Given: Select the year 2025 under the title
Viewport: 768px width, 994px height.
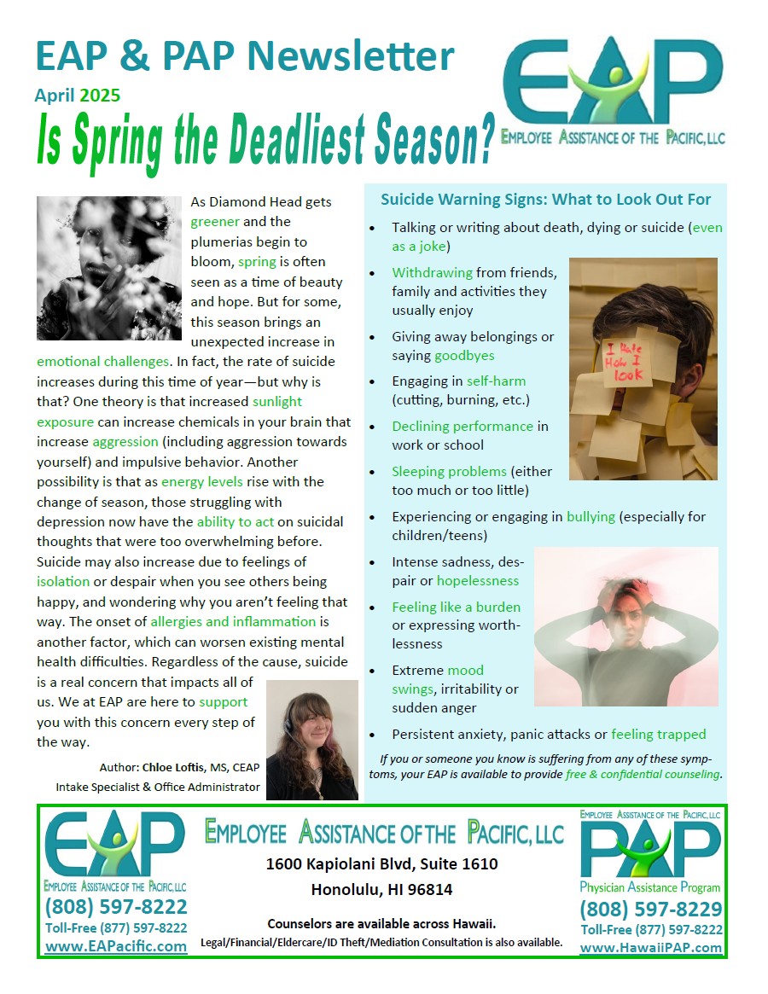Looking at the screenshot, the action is [x=100, y=96].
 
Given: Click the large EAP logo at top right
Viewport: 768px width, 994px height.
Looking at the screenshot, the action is [x=613, y=85].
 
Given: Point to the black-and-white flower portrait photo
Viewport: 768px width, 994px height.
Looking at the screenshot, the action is [x=109, y=268].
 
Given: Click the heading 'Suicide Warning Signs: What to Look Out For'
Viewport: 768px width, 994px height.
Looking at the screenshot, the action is [x=545, y=200].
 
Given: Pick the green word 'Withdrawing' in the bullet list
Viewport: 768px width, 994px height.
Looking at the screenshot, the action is [x=432, y=273].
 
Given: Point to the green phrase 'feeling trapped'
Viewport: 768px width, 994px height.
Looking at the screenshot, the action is [x=659, y=734].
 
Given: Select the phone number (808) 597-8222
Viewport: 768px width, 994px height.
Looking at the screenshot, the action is [x=115, y=906].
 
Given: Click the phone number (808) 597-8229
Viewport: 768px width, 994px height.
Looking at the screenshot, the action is [x=650, y=909].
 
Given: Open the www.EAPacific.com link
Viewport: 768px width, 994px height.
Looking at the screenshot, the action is [x=115, y=946].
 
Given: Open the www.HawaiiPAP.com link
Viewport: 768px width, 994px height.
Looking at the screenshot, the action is [x=650, y=947].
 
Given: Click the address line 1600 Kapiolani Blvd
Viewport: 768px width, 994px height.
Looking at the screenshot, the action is [x=381, y=864].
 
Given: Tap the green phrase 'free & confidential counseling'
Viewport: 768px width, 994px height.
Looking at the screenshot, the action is [x=643, y=775].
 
